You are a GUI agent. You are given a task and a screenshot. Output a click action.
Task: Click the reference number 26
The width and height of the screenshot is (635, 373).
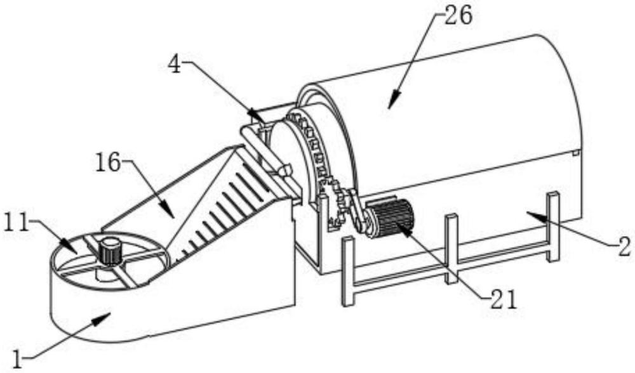458,16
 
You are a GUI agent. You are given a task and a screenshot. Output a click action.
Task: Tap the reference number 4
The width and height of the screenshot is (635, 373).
175,65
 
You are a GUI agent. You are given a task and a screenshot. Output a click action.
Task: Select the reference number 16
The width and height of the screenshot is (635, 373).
108,162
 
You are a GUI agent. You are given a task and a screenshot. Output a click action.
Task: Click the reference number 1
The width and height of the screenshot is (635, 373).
17,358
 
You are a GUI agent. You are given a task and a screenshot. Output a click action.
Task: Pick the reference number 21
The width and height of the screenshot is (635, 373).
504,300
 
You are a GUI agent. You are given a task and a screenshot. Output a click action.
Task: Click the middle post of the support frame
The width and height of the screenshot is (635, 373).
451,249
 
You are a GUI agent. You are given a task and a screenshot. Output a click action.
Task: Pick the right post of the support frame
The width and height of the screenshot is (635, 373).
553,226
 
